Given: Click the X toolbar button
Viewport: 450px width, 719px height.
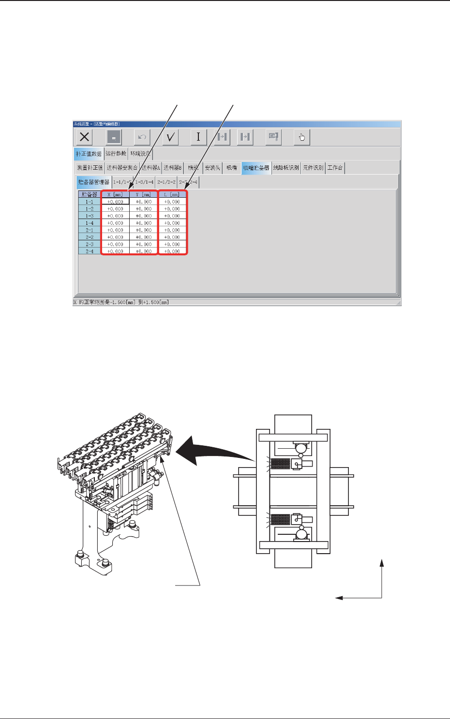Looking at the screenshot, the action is coord(85,137).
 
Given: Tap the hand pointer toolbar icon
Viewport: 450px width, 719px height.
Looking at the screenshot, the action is coord(302,137).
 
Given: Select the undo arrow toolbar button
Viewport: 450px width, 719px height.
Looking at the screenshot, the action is coord(142,137).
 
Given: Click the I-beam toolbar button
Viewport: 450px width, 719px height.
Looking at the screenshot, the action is coord(198,137).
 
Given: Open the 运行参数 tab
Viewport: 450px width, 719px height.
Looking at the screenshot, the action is coord(116,154).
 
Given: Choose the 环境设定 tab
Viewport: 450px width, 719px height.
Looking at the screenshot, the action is coord(140,154).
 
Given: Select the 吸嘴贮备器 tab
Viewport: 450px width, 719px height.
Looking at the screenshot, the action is coord(256,168).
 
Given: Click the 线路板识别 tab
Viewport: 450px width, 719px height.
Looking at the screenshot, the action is coord(286,168).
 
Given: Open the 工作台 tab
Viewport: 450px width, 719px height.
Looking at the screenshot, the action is coord(335,168).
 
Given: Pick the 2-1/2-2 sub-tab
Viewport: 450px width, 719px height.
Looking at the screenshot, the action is coord(166,182).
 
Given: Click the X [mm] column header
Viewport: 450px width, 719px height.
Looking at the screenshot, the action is coord(115,194).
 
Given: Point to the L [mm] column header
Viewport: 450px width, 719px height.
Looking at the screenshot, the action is coord(172,194).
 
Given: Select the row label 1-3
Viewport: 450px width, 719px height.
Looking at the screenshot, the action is coord(90,216).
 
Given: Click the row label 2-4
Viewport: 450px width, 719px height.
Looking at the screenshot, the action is coord(90,251).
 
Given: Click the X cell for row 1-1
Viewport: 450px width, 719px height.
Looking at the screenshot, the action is coord(115,202).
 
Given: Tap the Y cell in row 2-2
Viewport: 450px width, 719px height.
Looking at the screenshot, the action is coord(144,237).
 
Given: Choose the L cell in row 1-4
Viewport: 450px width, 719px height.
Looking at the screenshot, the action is coord(172,223).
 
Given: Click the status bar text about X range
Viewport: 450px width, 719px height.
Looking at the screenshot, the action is coord(121,302).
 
